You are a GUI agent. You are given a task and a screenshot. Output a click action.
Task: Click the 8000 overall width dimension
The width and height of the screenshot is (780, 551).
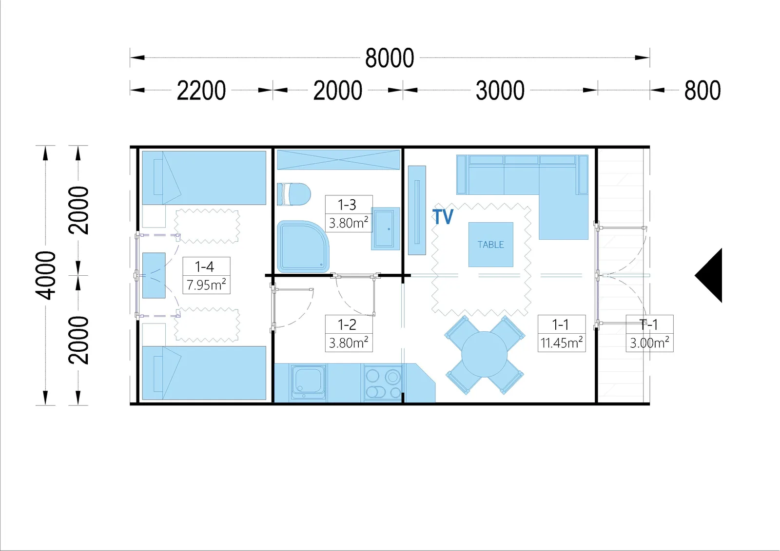[390, 58]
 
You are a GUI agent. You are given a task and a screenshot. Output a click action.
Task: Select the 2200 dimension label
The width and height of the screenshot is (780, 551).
[201, 90]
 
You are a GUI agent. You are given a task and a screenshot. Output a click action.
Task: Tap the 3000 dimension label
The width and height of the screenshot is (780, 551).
[500, 90]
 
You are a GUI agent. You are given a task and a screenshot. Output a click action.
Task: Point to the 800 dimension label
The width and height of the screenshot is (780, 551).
[702, 90]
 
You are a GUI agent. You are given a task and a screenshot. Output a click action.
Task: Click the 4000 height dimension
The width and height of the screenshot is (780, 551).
[46, 275]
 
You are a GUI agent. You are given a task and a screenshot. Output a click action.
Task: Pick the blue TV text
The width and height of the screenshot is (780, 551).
[443, 216]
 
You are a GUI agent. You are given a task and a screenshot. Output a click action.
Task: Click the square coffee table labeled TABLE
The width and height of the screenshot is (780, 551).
[490, 245]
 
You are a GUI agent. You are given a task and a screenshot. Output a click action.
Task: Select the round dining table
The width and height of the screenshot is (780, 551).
[485, 354]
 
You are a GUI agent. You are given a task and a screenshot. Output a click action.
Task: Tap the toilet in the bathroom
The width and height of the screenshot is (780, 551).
[293, 194]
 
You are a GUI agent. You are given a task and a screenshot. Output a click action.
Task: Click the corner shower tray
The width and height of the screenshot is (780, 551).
[303, 247]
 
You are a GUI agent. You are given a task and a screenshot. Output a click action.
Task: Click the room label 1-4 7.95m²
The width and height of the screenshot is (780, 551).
[207, 275]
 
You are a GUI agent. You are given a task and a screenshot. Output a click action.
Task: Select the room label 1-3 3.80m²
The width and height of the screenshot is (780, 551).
[349, 213]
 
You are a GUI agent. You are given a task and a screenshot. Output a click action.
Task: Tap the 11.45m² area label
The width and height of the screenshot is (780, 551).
[562, 343]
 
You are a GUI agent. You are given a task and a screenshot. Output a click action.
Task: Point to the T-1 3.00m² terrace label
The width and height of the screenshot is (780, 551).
[650, 333]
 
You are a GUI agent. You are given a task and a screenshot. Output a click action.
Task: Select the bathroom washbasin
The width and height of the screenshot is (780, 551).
[385, 228]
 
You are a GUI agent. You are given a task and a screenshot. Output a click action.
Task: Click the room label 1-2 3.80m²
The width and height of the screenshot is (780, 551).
[349, 333]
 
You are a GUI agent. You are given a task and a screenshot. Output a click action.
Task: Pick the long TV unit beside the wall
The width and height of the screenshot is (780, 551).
[417, 210]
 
